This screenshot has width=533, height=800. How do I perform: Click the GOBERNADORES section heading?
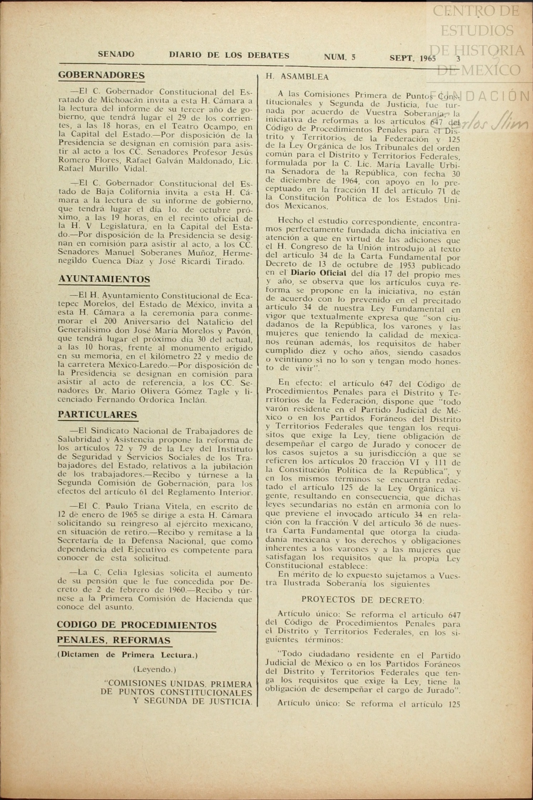pos(101,75)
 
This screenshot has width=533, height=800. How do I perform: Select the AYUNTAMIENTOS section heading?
pos(104,279)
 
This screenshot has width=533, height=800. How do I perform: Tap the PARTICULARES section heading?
pos(97,415)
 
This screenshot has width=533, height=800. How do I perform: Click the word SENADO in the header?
pos(116,54)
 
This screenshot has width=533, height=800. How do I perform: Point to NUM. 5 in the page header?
pos(339,57)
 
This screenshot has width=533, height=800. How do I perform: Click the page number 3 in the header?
pos(458,59)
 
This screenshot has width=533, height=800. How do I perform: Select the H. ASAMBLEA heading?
pos(297,77)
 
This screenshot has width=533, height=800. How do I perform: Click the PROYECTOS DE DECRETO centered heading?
pos(363,600)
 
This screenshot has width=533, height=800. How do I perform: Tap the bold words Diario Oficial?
pos(318,273)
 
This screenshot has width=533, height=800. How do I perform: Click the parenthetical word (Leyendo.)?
pos(155,669)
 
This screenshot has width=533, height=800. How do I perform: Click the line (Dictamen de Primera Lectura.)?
pos(127,655)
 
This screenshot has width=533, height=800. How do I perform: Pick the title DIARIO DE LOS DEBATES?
pos(229,55)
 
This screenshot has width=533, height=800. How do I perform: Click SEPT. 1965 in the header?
pos(413,58)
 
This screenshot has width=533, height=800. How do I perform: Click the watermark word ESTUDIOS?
pos(477,30)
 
